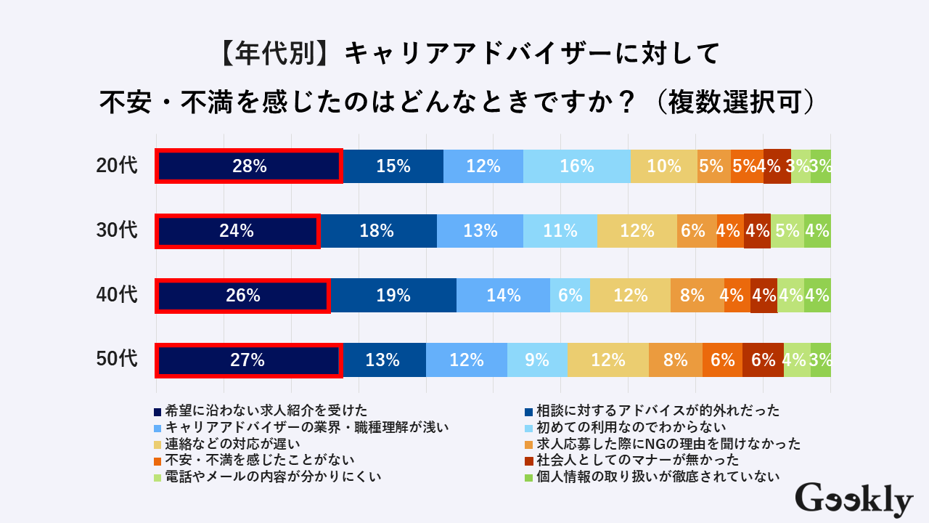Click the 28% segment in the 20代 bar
pyautogui.click(x=249, y=166)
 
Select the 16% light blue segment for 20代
pyautogui.click(x=577, y=166)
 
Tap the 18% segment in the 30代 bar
pyautogui.click(x=378, y=231)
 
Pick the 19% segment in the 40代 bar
pyautogui.click(x=393, y=296)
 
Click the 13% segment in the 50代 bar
pyautogui.click(x=383, y=360)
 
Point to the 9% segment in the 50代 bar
pyautogui.click(x=537, y=360)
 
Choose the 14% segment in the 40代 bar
pyautogui.click(x=503, y=296)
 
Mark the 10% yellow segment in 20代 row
pyautogui.click(x=663, y=166)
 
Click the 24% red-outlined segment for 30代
pyautogui.click(x=237, y=231)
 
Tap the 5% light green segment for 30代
pyautogui.click(x=787, y=231)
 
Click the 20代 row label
pyautogui.click(x=116, y=166)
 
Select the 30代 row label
pyautogui.click(x=116, y=231)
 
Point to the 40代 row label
pyautogui.click(x=116, y=296)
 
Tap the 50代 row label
pyautogui.click(x=116, y=360)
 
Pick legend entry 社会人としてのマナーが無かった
pyautogui.click(x=637, y=460)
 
